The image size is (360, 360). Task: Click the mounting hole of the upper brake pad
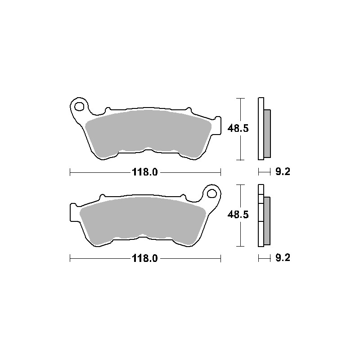coord(79,107)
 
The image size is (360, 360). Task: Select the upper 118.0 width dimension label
coord(145,172)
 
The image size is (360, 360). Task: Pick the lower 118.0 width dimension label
coord(145,258)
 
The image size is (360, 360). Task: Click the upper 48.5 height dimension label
coord(238,129)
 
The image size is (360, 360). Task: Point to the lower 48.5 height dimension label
coord(238,215)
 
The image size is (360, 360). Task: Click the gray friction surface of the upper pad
coord(148,130)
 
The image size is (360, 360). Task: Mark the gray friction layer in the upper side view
coord(267,134)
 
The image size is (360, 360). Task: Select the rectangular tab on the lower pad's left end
coord(73,211)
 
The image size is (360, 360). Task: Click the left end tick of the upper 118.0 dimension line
coord(70,172)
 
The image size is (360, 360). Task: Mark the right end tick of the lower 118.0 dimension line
coord(221,258)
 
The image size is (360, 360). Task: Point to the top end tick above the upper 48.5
coord(242,98)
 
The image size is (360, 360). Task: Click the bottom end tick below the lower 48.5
coord(242,246)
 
